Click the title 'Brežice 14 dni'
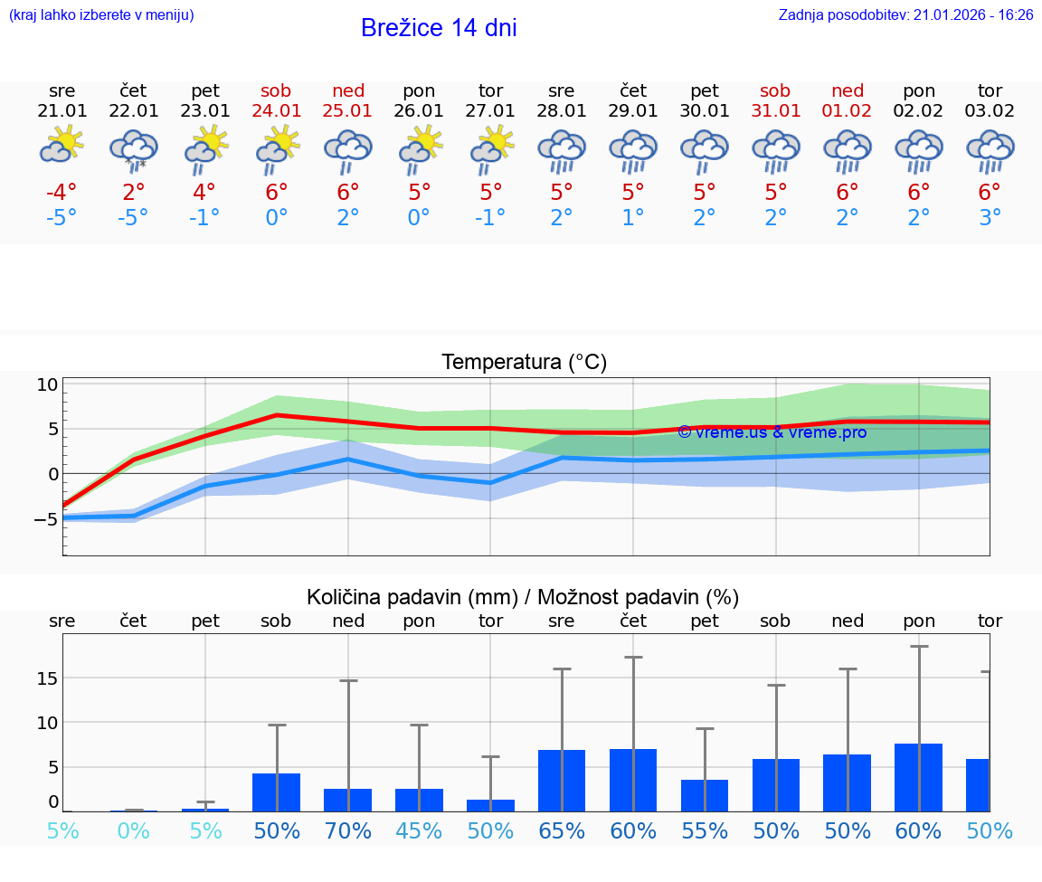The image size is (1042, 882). (439, 28)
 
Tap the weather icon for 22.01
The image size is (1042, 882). (133, 150)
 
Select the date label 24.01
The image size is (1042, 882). (276, 111)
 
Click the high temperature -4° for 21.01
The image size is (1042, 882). (62, 193)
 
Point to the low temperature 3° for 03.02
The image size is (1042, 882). (990, 218)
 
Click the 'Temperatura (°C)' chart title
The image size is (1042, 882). (524, 363)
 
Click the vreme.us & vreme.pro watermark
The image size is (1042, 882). (772, 432)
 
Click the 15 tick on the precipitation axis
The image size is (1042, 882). (48, 678)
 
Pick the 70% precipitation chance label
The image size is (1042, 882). (348, 830)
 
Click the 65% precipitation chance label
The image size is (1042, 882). (562, 830)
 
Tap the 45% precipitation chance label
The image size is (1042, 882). (419, 830)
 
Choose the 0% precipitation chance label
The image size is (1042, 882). (133, 830)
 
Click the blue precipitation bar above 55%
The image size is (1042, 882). (705, 795)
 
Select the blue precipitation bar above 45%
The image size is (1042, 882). (419, 800)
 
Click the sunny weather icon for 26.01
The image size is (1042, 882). (420, 150)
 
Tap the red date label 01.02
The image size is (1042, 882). (848, 111)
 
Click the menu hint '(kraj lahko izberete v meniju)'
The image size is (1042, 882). (101, 15)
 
